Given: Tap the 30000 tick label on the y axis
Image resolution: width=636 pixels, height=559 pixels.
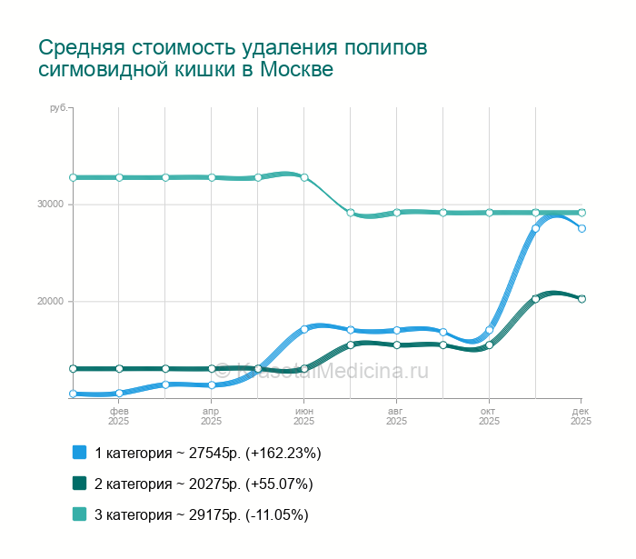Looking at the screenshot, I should point(50,204).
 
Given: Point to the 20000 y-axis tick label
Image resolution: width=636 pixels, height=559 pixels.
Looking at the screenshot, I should point(50,302).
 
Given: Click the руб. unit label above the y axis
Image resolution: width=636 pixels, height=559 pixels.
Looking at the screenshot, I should point(58,108).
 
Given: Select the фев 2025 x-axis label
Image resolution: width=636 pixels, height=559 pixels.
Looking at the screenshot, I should point(119,416).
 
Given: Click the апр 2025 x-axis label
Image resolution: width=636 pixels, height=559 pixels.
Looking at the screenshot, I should point(212,416).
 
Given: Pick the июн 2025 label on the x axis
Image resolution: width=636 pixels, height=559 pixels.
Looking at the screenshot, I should point(304,416).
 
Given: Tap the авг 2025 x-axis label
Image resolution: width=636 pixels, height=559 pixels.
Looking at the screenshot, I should point(397,416).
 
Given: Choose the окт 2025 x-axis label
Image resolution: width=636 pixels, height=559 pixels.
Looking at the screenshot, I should point(490,416).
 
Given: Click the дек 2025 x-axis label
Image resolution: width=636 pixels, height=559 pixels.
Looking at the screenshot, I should point(581,416).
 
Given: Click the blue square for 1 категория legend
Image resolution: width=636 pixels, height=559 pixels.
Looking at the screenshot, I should point(79,452).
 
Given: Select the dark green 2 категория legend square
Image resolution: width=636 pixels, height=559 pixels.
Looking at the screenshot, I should point(79,483).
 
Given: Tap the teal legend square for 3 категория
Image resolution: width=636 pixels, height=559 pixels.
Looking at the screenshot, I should point(79,514).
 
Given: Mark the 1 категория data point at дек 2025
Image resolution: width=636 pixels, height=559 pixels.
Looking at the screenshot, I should point(582,228).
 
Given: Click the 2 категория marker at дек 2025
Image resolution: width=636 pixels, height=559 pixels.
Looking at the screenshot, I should point(582,299).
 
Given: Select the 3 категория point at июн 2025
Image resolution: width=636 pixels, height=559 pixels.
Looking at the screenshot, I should point(304,177).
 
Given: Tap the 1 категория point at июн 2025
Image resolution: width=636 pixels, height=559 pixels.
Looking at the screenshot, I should point(304,329).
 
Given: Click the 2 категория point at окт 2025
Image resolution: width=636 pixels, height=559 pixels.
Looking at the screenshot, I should point(490,345).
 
